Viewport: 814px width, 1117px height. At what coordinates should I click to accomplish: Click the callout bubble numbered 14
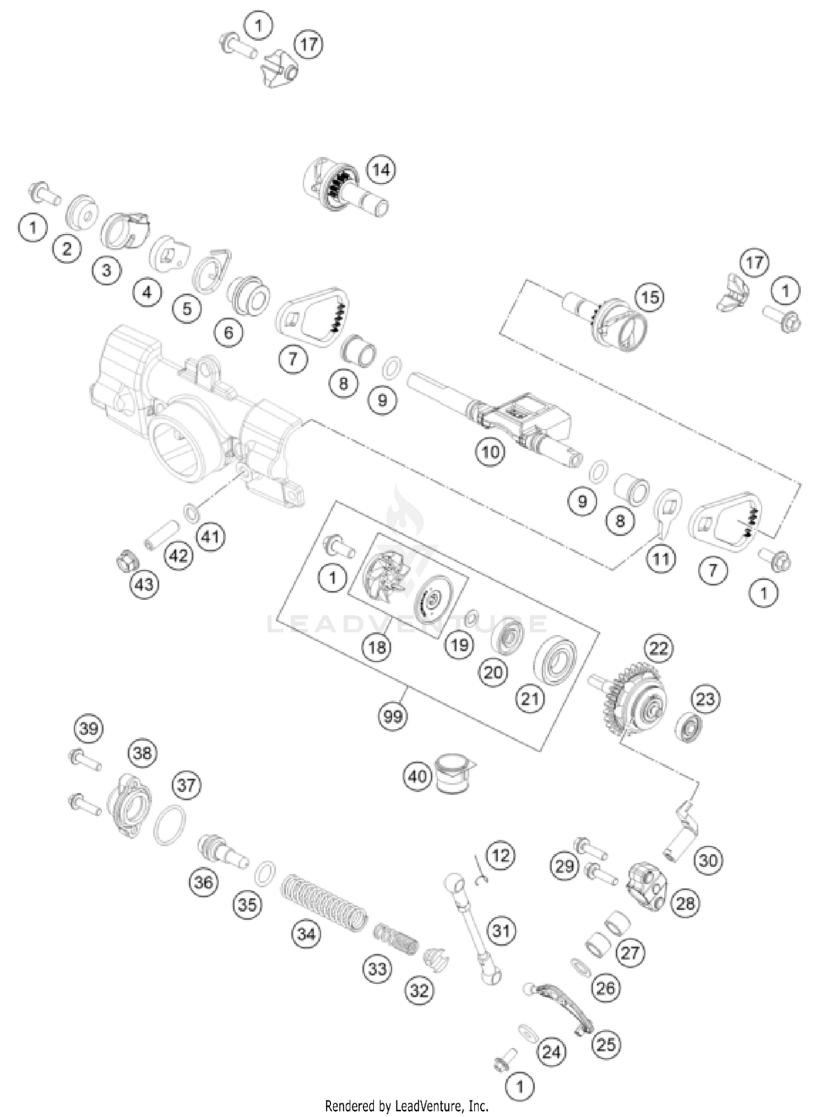coord(381,170)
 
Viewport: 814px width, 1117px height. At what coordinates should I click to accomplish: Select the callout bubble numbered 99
coord(393,716)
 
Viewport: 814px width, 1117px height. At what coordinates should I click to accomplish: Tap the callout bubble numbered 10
coord(490,452)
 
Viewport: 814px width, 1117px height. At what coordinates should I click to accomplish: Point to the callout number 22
coord(659,648)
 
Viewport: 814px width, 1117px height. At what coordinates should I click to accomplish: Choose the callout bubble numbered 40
coord(417,777)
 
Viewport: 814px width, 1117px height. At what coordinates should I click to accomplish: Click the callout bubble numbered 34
coord(306,934)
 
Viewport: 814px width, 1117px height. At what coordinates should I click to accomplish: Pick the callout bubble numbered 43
coord(144,585)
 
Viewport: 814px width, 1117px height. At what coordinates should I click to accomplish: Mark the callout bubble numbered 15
coord(650,297)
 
